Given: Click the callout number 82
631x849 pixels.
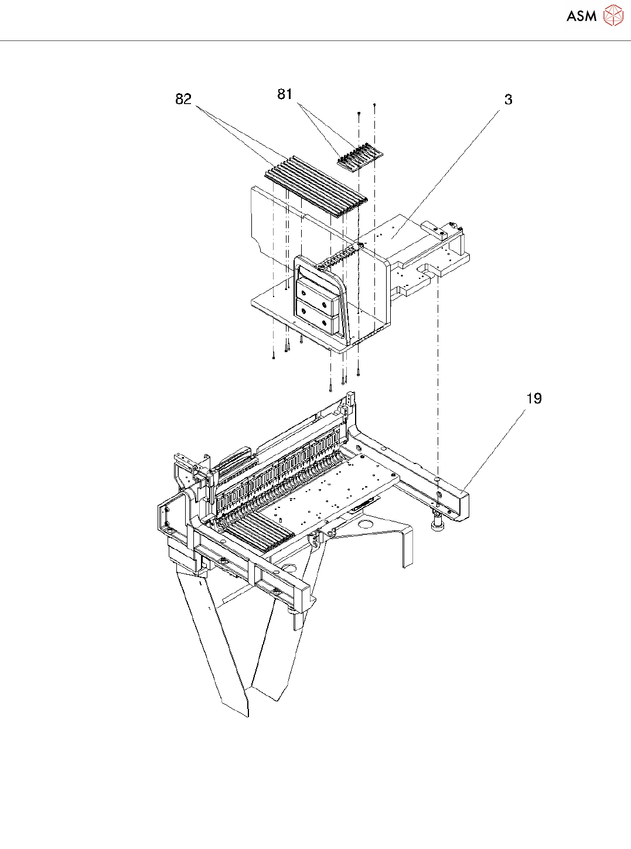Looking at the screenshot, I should click(183, 99).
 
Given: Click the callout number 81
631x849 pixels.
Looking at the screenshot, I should click(285, 94).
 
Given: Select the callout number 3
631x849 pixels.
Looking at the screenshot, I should click(508, 100).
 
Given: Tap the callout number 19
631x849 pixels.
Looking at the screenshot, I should click(534, 399).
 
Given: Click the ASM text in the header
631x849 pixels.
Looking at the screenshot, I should click(581, 16).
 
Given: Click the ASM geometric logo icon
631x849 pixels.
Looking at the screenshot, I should click(613, 16).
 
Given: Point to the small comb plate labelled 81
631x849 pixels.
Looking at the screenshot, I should click(360, 157).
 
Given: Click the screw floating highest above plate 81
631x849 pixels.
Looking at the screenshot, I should click(374, 105).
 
